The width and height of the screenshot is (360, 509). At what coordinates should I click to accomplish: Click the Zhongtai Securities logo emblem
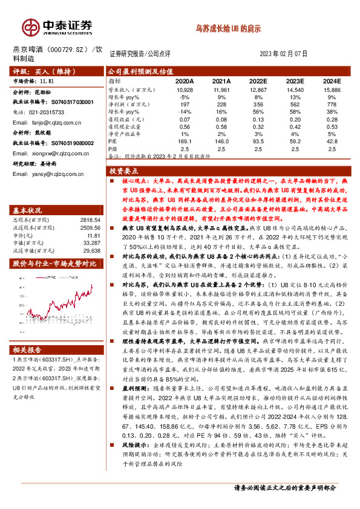tap(28, 27)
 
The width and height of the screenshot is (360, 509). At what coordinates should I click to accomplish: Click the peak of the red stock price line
tap(91, 284)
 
